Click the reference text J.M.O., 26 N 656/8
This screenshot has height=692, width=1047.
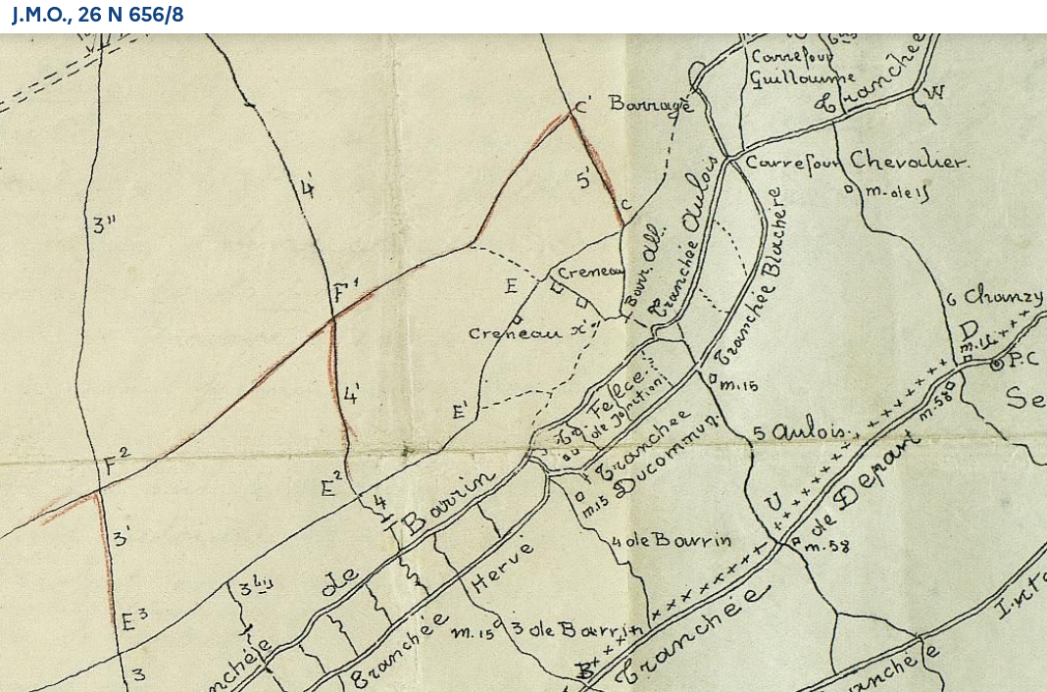click(97, 16)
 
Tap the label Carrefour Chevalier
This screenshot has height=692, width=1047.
click(857, 162)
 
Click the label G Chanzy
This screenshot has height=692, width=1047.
click(994, 295)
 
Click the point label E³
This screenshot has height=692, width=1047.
click(133, 619)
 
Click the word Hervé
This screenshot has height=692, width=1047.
click(503, 567)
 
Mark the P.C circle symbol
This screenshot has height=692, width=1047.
click(997, 365)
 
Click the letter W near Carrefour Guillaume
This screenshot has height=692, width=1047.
click(934, 93)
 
